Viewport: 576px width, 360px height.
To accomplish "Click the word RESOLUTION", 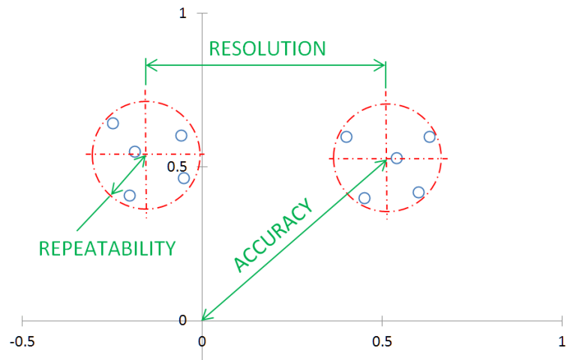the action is click(267, 49).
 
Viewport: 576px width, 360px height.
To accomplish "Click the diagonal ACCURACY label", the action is click(272, 236).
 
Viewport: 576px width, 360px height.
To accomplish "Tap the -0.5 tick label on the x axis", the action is click(22, 340).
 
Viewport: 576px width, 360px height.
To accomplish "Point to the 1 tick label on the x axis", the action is click(562, 340).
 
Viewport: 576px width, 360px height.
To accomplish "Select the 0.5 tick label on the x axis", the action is click(382, 340).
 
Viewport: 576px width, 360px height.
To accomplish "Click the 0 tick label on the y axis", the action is click(182, 320).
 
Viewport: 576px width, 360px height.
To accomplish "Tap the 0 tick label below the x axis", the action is click(202, 340).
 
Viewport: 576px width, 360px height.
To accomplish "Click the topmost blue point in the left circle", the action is click(112, 123).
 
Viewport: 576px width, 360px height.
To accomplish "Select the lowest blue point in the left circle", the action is click(130, 196).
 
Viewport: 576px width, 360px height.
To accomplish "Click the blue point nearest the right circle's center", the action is click(397, 158).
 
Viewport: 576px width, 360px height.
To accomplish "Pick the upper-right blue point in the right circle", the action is click(430, 136).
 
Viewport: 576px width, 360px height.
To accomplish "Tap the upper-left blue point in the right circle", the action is click(346, 136).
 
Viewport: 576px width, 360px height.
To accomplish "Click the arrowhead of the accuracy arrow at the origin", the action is click(203, 319).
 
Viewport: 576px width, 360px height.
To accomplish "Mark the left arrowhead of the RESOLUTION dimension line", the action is click(148, 65).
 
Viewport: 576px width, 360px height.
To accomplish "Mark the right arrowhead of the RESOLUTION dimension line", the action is click(382, 65).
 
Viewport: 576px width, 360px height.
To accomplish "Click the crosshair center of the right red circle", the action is click(386, 158).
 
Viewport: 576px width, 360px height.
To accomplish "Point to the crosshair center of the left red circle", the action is click(145, 154).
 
